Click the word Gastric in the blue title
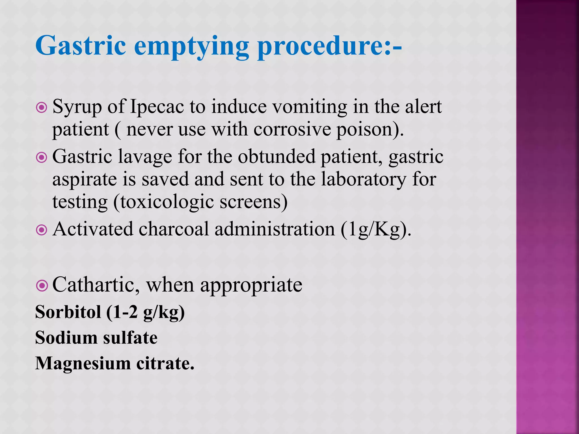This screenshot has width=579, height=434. (x=81, y=46)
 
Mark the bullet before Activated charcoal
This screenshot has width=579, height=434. (x=42, y=230)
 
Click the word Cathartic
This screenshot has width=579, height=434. (x=96, y=285)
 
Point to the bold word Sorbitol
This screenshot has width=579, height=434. (x=68, y=312)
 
